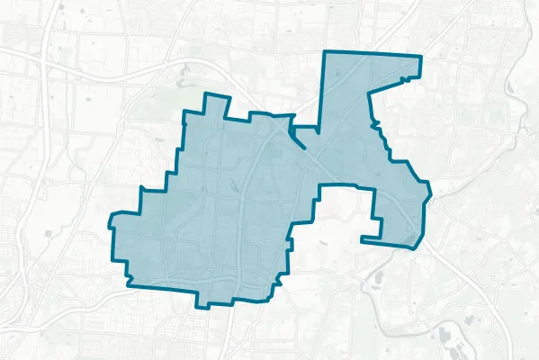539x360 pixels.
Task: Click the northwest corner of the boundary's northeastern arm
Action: coord(325,51)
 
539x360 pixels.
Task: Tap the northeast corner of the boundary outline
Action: coord(420,58)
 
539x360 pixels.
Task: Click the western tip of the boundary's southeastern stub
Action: coord(361,239)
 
